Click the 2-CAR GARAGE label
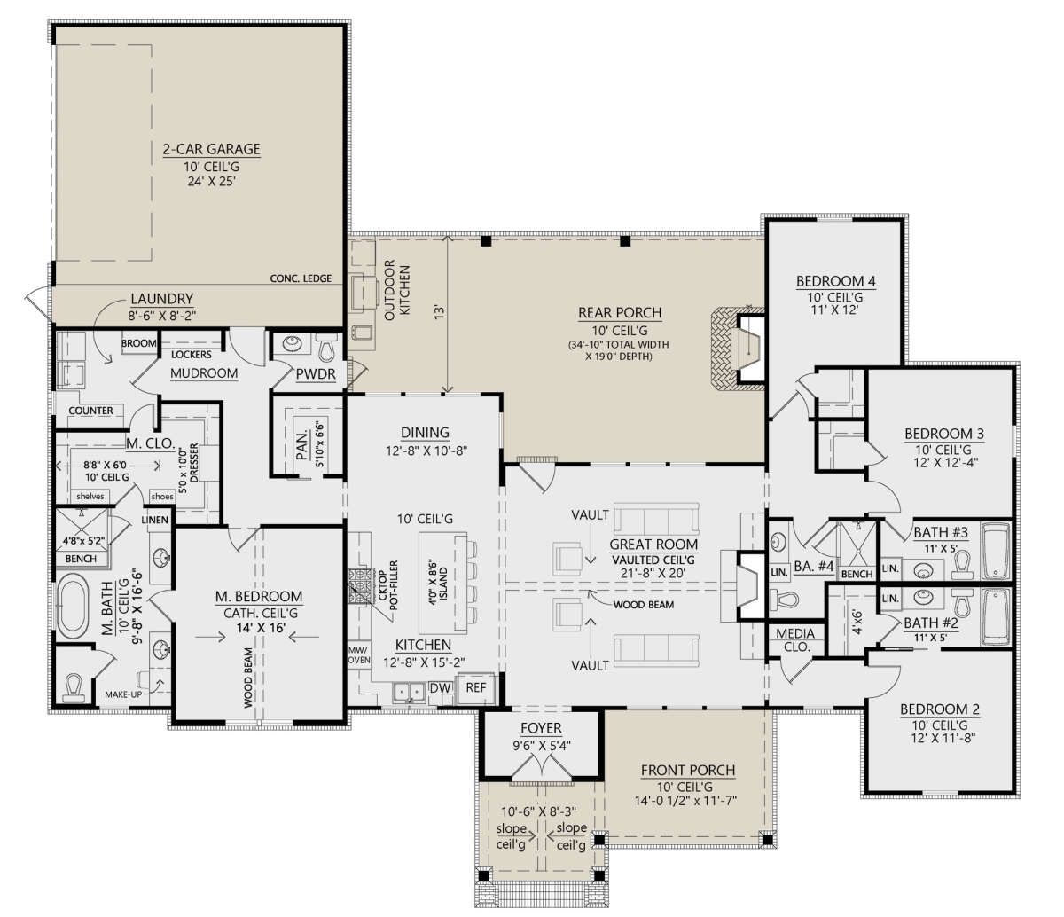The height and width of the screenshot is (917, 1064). (212, 149)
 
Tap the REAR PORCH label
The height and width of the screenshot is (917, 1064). (620, 312)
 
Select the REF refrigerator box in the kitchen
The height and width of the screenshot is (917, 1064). (475, 687)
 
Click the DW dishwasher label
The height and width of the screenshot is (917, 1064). (440, 688)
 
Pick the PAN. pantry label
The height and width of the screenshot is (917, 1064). (302, 445)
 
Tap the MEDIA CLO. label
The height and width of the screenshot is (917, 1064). (795, 640)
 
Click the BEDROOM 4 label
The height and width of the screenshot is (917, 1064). (835, 281)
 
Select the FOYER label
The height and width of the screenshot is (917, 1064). (541, 728)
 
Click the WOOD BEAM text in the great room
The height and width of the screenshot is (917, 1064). (644, 605)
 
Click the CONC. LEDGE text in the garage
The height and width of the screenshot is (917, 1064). (301, 278)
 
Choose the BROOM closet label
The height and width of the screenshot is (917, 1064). (139, 343)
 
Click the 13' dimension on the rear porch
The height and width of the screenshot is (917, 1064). (439, 312)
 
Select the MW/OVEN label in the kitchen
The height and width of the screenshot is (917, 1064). (359, 654)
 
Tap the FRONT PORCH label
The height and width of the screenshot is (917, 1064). (688, 771)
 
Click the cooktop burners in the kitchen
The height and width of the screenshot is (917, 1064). (359, 585)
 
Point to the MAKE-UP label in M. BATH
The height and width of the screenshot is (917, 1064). (123, 694)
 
